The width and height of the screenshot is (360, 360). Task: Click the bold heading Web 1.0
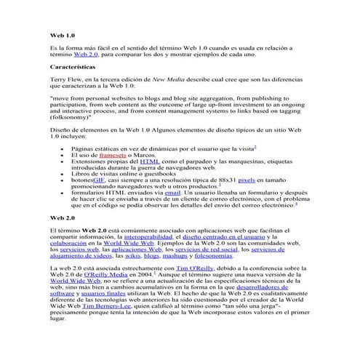pyautogui.click(x=62, y=34)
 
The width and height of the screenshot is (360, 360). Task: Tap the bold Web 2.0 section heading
pyautogui.click(x=62, y=217)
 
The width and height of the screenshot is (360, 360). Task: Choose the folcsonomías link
pyautogui.click(x=215, y=255)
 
